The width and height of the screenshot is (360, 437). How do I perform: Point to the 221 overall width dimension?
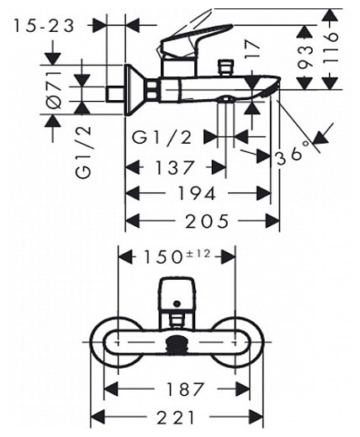[x=182, y=417]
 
